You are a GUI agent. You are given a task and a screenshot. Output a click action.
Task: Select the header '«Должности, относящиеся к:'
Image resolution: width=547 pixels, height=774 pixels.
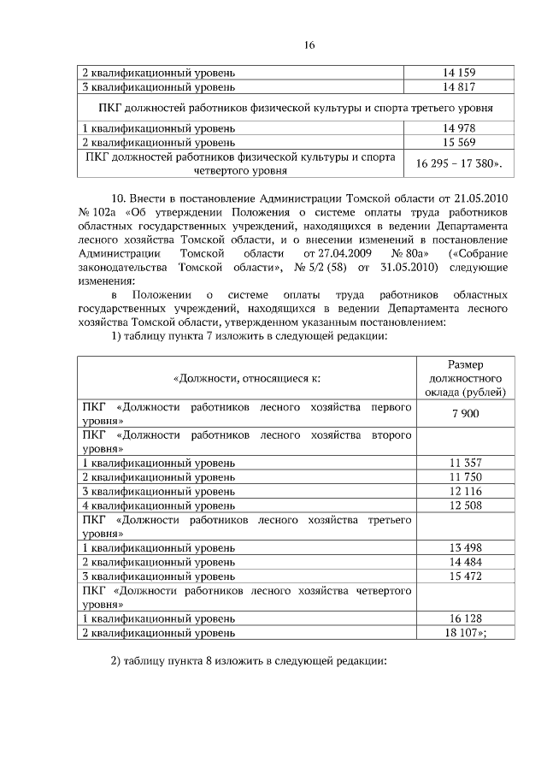pos(247,378)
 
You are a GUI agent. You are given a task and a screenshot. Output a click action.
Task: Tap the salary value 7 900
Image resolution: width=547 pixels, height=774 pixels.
pos(465,414)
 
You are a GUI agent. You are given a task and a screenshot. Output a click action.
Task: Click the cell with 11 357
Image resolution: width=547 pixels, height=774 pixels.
pos(465,463)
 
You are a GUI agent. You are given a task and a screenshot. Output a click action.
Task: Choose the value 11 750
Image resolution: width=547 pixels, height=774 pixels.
pos(465,476)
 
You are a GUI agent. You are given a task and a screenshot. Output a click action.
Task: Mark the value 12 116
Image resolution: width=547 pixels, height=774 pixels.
pos(465,491)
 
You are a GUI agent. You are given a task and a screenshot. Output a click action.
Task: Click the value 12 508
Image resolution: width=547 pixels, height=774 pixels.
pos(465,505)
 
